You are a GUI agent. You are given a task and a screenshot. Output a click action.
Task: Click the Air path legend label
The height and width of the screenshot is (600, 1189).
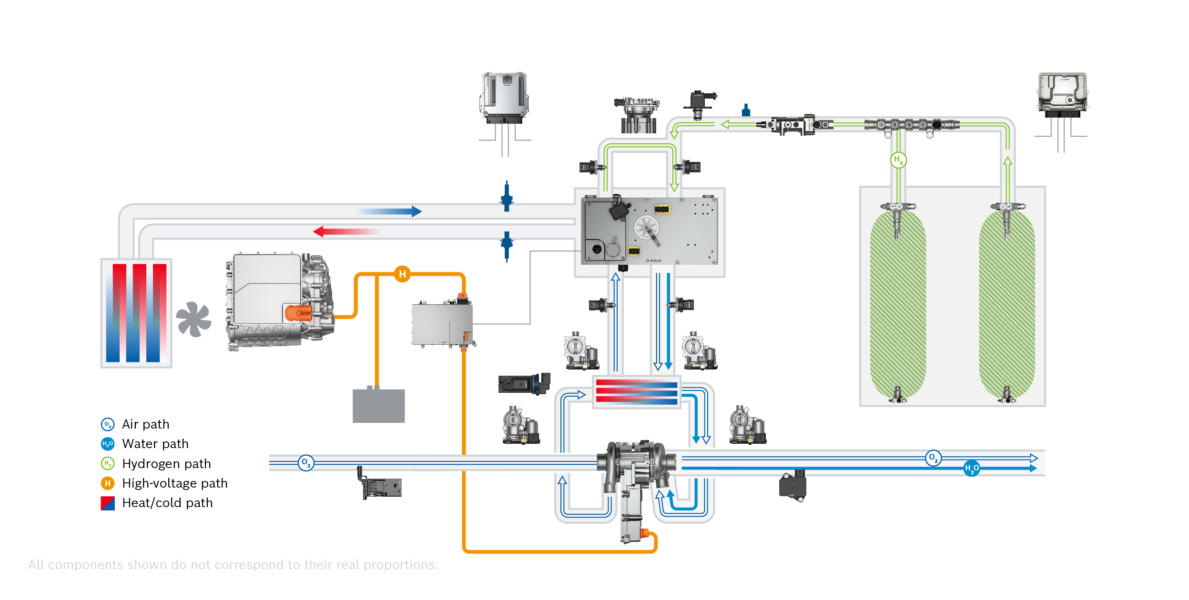click(x=145, y=424)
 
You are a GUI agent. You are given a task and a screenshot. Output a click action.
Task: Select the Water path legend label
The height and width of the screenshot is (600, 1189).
click(x=155, y=444)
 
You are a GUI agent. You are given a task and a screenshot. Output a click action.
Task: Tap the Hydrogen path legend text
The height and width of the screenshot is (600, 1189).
click(x=166, y=464)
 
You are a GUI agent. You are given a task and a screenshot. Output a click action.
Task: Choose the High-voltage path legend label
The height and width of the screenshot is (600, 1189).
click(x=174, y=483)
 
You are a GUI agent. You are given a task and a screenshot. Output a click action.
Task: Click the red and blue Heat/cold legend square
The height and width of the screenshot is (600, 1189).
click(x=108, y=503)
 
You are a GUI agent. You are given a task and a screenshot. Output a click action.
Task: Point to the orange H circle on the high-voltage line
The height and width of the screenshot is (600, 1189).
click(x=402, y=274)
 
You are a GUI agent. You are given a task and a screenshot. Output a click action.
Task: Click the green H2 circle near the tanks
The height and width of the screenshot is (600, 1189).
click(x=898, y=160)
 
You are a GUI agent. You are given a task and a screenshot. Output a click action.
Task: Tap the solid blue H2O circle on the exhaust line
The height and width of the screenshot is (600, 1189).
click(x=971, y=469)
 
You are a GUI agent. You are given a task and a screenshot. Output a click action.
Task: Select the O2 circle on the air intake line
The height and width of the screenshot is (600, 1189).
click(x=305, y=462)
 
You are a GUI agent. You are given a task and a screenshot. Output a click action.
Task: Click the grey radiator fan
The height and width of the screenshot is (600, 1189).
click(x=193, y=319)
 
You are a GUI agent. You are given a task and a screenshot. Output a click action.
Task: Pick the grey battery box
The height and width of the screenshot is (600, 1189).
click(x=378, y=405)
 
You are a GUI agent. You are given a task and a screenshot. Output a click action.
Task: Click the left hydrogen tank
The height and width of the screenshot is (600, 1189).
click(x=898, y=305)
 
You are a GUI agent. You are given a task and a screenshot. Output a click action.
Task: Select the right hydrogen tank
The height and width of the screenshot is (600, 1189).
click(x=1006, y=305)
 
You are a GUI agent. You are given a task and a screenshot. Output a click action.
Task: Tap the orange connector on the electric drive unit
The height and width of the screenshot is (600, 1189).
click(x=298, y=313)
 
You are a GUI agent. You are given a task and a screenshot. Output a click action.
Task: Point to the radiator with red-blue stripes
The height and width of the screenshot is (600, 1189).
click(x=136, y=313)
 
